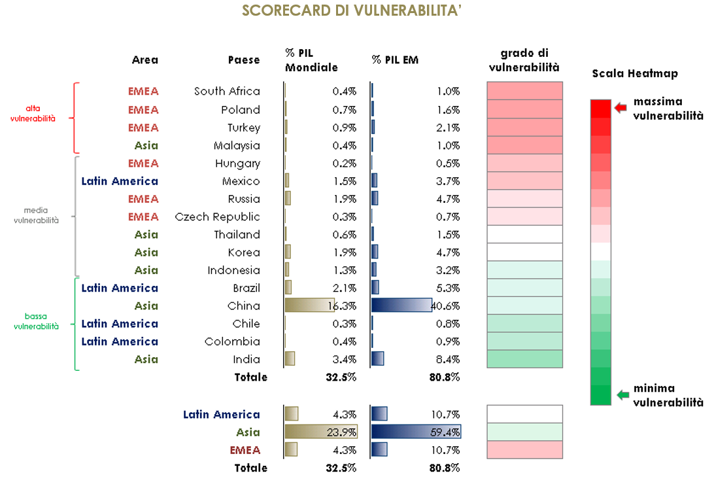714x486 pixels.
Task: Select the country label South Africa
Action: (x=227, y=92)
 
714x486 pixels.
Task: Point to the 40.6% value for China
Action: (x=447, y=306)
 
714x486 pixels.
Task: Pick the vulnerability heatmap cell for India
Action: (x=524, y=359)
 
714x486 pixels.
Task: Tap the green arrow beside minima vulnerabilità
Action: (x=622, y=394)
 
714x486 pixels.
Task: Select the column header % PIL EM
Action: (x=395, y=60)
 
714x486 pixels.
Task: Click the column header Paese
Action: (x=244, y=60)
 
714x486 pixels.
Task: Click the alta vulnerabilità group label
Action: (x=41, y=113)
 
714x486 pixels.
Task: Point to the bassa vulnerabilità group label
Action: (x=36, y=321)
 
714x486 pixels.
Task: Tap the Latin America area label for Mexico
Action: (x=120, y=181)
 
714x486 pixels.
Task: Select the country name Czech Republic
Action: (x=217, y=217)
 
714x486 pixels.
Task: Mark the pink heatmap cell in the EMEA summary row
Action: (x=524, y=450)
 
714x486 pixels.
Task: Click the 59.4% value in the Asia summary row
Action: (x=447, y=432)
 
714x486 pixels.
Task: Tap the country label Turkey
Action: (x=243, y=128)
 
